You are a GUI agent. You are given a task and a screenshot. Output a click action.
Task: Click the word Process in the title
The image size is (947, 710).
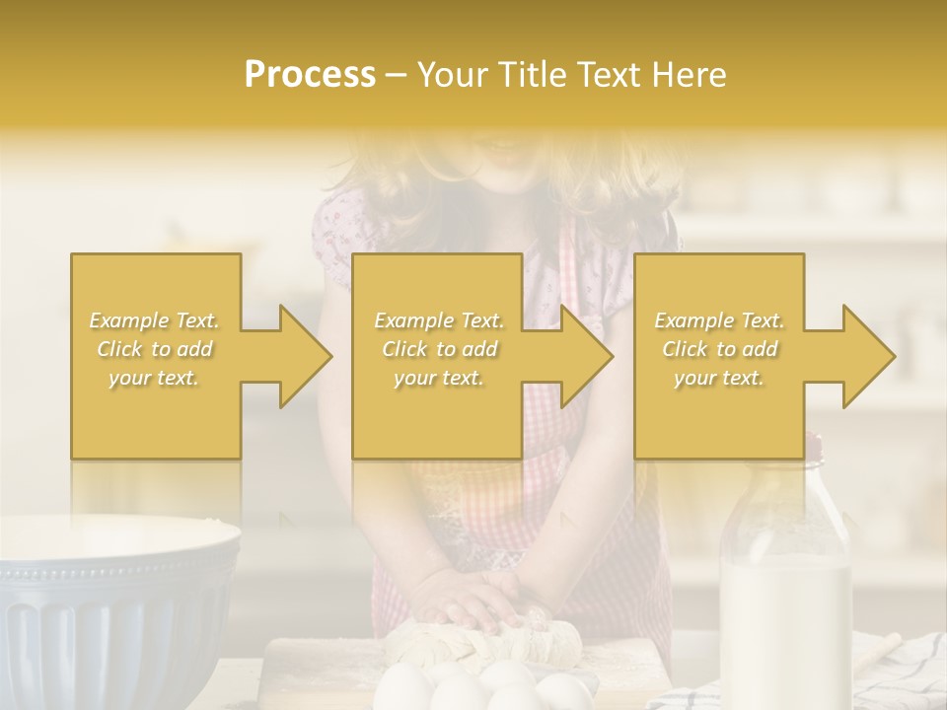[x=310, y=75]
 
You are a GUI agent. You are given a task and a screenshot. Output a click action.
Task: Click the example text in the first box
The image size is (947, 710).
[x=154, y=349]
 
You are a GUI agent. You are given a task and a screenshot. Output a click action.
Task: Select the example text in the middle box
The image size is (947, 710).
[x=438, y=349]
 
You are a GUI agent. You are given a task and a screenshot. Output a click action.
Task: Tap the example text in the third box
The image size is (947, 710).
[x=719, y=349]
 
